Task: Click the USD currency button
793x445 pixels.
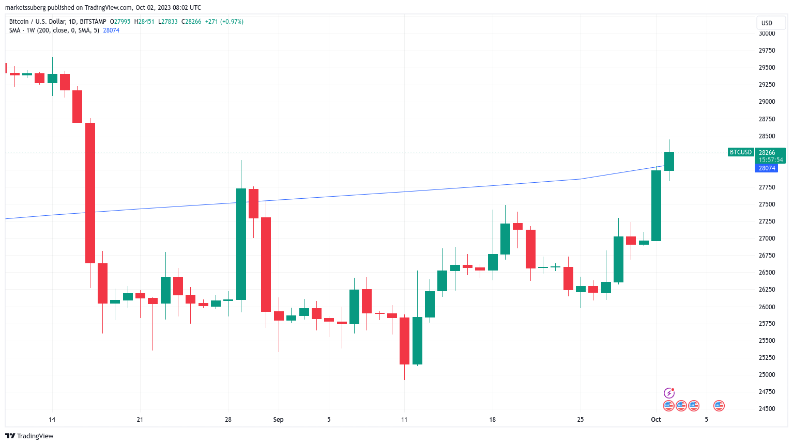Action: (767, 23)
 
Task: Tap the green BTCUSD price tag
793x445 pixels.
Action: (740, 152)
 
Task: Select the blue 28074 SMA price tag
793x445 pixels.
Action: (767, 168)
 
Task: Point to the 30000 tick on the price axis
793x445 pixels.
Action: (767, 34)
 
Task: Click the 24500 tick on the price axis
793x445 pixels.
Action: (767, 409)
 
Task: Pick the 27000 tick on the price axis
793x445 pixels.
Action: (767, 239)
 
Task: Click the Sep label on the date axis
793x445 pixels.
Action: (278, 420)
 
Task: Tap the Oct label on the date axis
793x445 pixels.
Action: (655, 420)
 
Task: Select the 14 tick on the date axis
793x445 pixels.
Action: (52, 420)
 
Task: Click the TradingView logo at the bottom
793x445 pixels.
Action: (29, 436)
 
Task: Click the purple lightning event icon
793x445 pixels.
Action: (669, 393)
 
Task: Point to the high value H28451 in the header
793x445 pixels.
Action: (144, 22)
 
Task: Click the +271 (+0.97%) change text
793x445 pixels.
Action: (224, 22)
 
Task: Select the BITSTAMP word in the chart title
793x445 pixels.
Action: (93, 22)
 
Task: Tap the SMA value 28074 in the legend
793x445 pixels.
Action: (111, 30)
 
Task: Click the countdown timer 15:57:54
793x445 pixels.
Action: (771, 160)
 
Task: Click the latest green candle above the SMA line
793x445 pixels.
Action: (669, 161)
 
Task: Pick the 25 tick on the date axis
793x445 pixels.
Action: (580, 420)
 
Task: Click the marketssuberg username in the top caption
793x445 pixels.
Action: (25, 8)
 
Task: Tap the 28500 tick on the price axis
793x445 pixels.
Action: (767, 136)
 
